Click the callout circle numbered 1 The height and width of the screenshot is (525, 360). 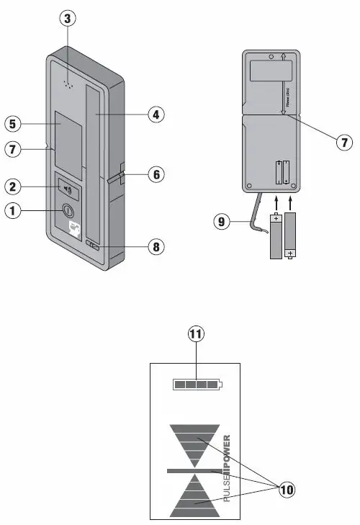[12, 212]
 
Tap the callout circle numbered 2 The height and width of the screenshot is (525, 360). [12, 187]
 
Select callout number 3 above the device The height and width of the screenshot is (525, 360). [67, 19]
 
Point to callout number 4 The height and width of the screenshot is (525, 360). [155, 114]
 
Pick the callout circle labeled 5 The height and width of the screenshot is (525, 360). [12, 124]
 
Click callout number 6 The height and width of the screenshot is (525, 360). [155, 174]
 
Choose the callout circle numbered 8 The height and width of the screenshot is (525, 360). [155, 247]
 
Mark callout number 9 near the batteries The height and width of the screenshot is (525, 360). [220, 223]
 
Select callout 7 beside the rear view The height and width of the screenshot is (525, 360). [345, 142]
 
